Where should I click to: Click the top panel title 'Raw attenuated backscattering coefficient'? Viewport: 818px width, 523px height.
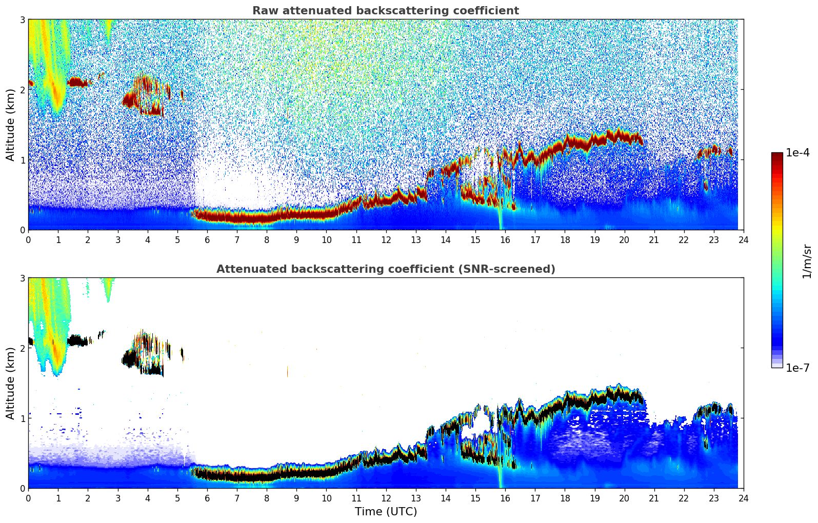(385, 11)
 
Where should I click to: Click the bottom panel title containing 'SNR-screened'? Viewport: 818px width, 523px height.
(385, 269)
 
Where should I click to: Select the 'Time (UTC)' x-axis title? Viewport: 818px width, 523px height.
(386, 512)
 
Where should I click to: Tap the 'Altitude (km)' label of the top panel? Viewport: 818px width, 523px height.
(10, 125)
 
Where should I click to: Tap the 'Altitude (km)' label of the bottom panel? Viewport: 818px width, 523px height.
(10, 383)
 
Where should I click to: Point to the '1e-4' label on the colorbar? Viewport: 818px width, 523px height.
(797, 153)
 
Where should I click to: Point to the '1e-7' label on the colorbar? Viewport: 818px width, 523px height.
(797, 368)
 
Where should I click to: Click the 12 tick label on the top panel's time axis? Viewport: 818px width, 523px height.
(386, 240)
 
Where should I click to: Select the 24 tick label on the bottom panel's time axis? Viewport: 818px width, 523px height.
(743, 498)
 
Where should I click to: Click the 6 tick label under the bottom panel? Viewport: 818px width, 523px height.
(207, 498)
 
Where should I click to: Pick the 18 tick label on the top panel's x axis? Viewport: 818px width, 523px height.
(565, 240)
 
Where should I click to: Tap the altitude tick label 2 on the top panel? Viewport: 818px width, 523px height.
(22, 90)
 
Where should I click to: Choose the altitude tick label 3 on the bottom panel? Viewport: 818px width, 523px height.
(22, 278)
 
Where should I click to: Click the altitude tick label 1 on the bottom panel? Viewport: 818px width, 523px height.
(22, 418)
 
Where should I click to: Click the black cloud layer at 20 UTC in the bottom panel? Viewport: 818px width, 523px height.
(624, 394)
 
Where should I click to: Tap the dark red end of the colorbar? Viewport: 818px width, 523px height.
(777, 155)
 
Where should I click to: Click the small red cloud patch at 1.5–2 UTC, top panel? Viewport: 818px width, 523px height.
(78, 82)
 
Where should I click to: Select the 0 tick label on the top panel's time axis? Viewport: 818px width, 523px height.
(28, 240)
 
